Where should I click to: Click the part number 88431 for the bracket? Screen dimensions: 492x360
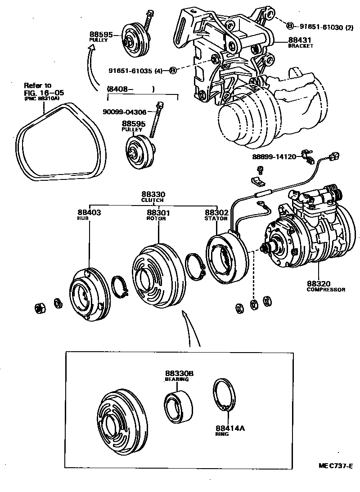click(301, 40)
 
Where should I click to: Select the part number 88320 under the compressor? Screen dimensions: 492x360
click(319, 284)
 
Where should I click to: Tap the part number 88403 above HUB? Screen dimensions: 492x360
click(89, 212)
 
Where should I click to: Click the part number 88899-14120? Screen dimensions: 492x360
click(274, 157)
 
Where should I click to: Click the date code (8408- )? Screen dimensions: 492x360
click(130, 89)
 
